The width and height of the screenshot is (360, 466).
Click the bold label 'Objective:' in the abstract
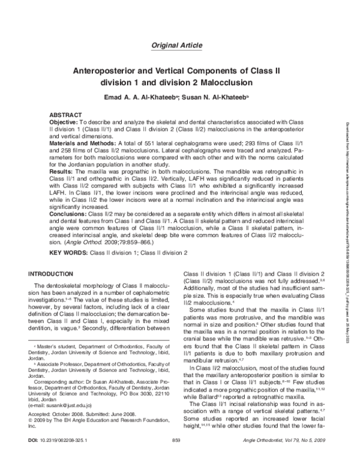pyautogui.click(x=63, y=122)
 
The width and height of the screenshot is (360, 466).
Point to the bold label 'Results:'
pyautogui.click(x=61, y=172)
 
